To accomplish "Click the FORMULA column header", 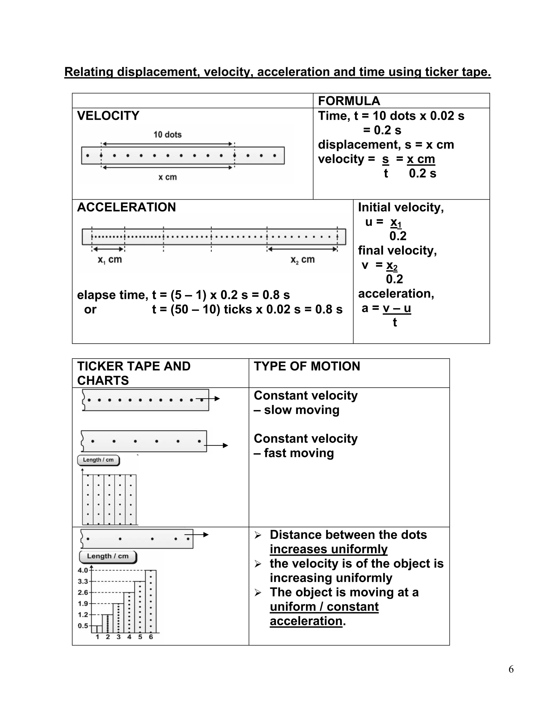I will click(x=349, y=101).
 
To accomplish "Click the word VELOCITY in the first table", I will click(x=108, y=116).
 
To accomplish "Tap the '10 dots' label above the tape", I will click(x=167, y=135).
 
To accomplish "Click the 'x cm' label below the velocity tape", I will click(x=167, y=177).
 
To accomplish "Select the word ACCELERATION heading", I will click(x=126, y=207).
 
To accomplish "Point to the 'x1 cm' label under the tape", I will click(x=110, y=260).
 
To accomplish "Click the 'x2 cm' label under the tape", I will click(x=302, y=260).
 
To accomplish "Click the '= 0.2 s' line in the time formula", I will click(x=382, y=130).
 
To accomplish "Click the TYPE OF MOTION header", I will click(x=307, y=366).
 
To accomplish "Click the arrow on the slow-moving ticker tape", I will click(x=214, y=399).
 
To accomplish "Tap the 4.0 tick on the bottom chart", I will click(x=83, y=570).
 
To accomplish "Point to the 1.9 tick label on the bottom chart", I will click(x=83, y=603).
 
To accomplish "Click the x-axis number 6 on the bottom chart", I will click(x=151, y=637).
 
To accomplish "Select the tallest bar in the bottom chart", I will click(x=151, y=601).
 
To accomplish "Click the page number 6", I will click(x=511, y=669).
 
